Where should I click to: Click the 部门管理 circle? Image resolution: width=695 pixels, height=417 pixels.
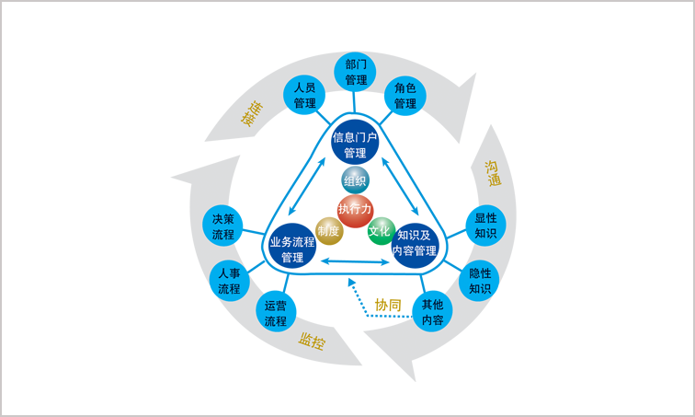pos(357,72)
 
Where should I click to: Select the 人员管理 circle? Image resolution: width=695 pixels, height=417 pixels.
pos(305,96)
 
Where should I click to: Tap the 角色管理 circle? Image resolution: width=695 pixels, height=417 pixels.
pos(405,96)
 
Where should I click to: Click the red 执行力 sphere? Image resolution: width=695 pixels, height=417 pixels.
pos(355,210)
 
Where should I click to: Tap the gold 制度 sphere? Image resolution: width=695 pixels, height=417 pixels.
pos(328,230)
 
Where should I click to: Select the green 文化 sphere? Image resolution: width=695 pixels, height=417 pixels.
pos(380,230)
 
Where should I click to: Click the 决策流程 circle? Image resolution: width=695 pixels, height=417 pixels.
pos(223,226)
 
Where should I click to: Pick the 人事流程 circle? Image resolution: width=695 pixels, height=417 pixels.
pos(230,281)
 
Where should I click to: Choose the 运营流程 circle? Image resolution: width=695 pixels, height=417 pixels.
pos(276,314)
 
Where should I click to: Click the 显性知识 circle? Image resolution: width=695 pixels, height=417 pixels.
pos(485,226)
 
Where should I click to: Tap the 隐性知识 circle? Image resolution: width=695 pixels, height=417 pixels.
pos(480,281)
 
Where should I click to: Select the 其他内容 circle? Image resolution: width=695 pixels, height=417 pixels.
pos(433,312)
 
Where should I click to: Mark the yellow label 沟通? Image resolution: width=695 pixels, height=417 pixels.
pos(493,173)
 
